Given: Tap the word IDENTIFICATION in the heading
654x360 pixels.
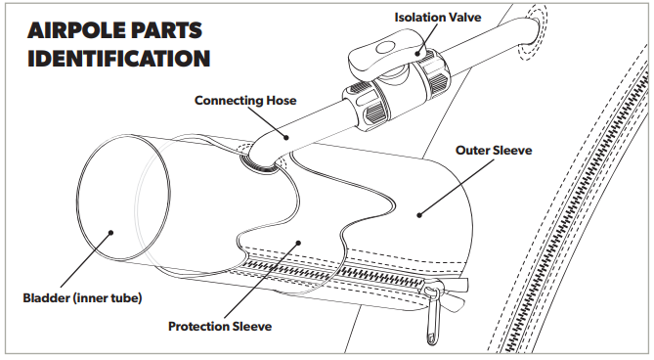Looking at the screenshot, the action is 119,58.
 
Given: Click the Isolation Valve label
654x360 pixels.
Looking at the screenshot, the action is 438,17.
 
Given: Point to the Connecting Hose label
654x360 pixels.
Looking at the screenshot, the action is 245,101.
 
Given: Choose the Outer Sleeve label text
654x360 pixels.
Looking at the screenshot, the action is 494,151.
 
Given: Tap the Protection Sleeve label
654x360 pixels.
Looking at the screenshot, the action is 220,326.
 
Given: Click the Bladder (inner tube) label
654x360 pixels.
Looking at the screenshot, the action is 82,298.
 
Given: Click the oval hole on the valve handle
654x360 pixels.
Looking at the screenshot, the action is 385,48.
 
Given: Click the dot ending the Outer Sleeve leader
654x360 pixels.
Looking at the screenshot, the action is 419,215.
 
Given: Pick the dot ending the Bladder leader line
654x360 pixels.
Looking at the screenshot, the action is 110,233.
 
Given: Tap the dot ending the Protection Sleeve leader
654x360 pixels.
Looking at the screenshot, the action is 298,243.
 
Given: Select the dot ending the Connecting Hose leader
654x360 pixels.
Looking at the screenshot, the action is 286,137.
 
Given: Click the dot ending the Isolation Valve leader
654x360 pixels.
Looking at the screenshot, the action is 416,54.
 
